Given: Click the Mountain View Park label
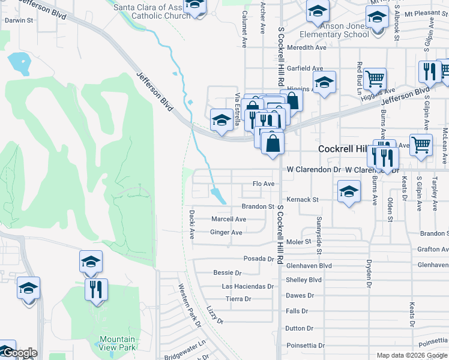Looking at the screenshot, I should pyautogui.click(x=117, y=343).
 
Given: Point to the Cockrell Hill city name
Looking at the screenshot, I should pyautogui.click(x=343, y=149).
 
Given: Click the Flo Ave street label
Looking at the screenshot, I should pyautogui.click(x=264, y=184).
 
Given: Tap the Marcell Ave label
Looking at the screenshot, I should pyautogui.click(x=229, y=219).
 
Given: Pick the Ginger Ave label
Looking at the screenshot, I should pyautogui.click(x=226, y=232).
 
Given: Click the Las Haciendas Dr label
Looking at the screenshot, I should pyautogui.click(x=244, y=286).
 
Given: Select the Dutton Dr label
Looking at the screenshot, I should pyautogui.click(x=300, y=328).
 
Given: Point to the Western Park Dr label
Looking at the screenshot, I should pyautogui.click(x=190, y=305).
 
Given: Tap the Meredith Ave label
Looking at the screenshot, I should pyautogui.click(x=307, y=47).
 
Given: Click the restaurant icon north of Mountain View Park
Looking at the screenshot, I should pyautogui.click(x=96, y=289).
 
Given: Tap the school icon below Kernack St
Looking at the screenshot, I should pyautogui.click(x=349, y=192).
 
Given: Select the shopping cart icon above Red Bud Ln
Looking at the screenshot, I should pyautogui.click(x=375, y=77).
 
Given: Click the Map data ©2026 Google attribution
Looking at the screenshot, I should pyautogui.click(x=411, y=355).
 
